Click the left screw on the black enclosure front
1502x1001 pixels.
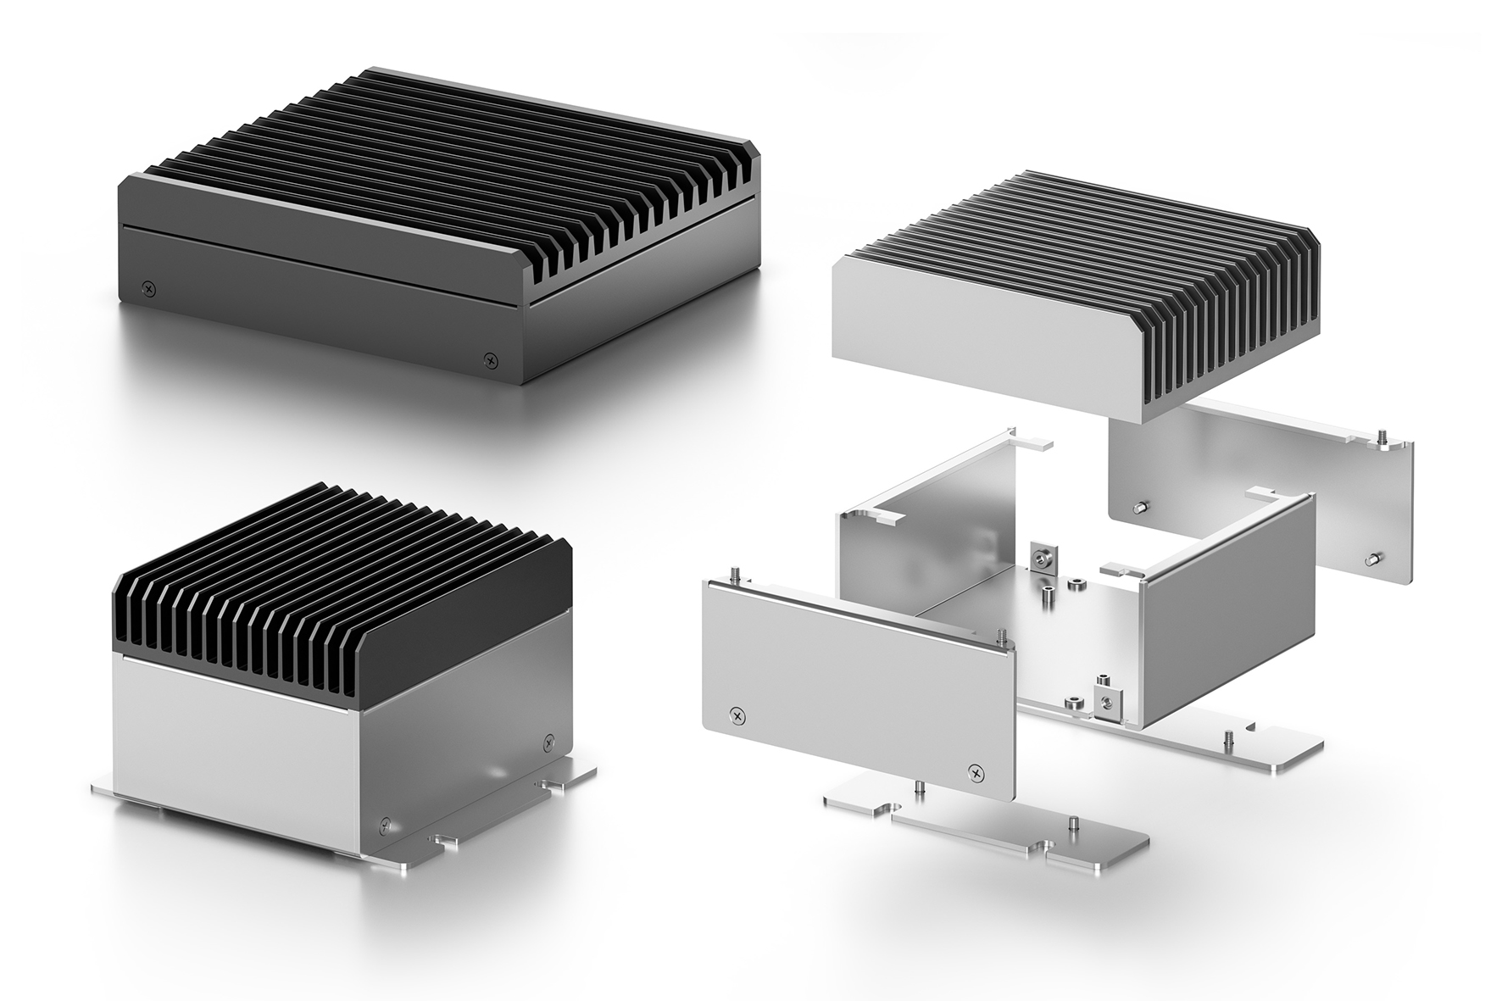click(x=150, y=289)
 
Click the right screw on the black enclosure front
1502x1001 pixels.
click(x=489, y=359)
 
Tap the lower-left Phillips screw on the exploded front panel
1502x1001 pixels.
click(x=738, y=716)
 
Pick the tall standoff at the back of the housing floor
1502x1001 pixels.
click(x=1048, y=594)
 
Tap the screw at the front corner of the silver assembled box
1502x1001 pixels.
click(x=387, y=822)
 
